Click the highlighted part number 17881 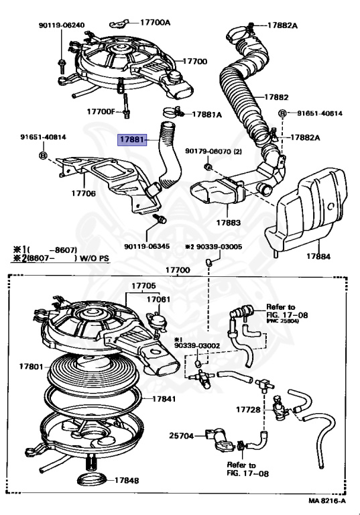tap(132, 139)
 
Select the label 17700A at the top tap(155, 22)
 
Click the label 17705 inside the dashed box tap(143, 285)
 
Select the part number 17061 tap(158, 299)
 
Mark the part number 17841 tap(163, 398)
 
